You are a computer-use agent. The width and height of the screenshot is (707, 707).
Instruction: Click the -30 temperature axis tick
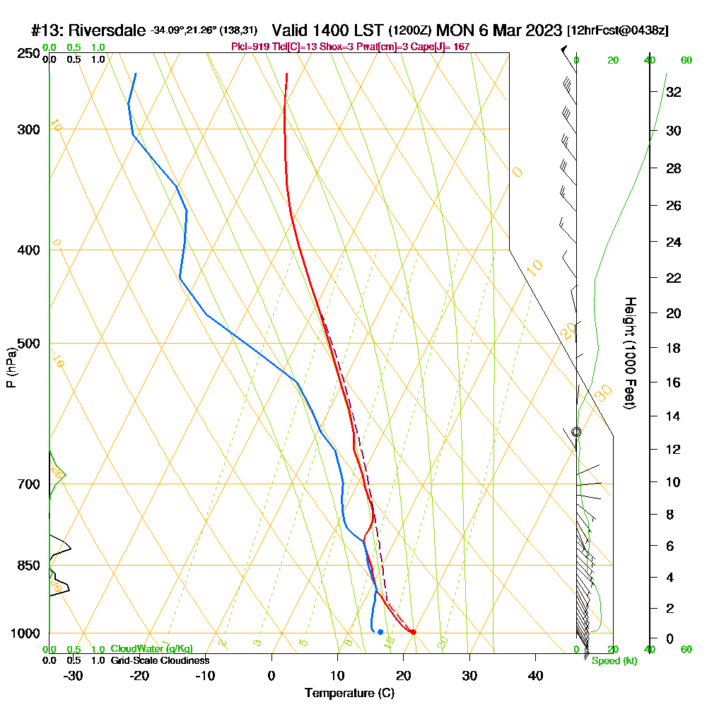coord(74,675)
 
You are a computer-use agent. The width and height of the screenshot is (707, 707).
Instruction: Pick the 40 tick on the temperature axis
coord(535,675)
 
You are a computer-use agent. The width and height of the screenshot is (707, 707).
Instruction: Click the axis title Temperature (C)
coord(349,693)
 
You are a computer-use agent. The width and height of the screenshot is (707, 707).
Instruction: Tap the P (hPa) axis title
coord(11,367)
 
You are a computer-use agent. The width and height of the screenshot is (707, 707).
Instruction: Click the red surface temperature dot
coord(413,632)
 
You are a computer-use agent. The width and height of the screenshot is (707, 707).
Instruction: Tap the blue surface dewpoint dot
coord(380,632)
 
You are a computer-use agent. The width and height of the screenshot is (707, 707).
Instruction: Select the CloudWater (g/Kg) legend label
coord(151,649)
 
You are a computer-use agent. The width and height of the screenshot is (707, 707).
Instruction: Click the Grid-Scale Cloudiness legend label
coord(159,660)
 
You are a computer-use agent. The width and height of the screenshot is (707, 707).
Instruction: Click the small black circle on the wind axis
coord(576,431)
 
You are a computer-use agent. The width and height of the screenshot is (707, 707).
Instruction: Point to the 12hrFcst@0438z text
coord(617,31)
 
